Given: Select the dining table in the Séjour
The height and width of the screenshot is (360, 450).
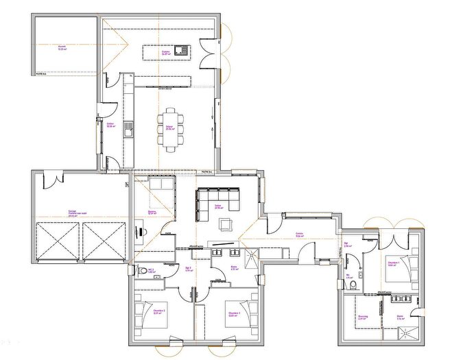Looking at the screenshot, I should tap(171, 128).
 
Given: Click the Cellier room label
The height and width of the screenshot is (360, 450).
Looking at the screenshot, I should tap(110, 124).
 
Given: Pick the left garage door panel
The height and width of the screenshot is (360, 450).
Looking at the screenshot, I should tap(57, 241).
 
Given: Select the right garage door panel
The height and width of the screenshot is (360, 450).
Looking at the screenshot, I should tap(105, 241).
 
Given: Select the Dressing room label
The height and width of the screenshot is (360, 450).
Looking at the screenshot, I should tap(362, 317).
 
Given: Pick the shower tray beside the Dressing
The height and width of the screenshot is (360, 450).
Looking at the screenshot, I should tap(410, 334).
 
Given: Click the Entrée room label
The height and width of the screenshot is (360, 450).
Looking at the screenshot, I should tap(300, 235).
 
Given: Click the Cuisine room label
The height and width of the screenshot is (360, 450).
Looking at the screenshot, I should tap(165, 53).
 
